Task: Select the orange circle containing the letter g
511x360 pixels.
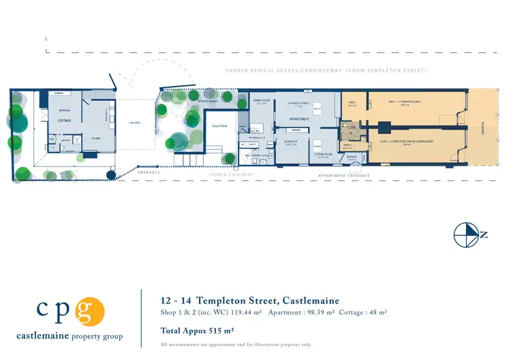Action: click(90, 312)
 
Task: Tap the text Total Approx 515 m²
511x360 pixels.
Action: click(198, 331)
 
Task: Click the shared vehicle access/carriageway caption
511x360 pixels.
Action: click(326, 71)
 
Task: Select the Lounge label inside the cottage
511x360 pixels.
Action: click(97, 138)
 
